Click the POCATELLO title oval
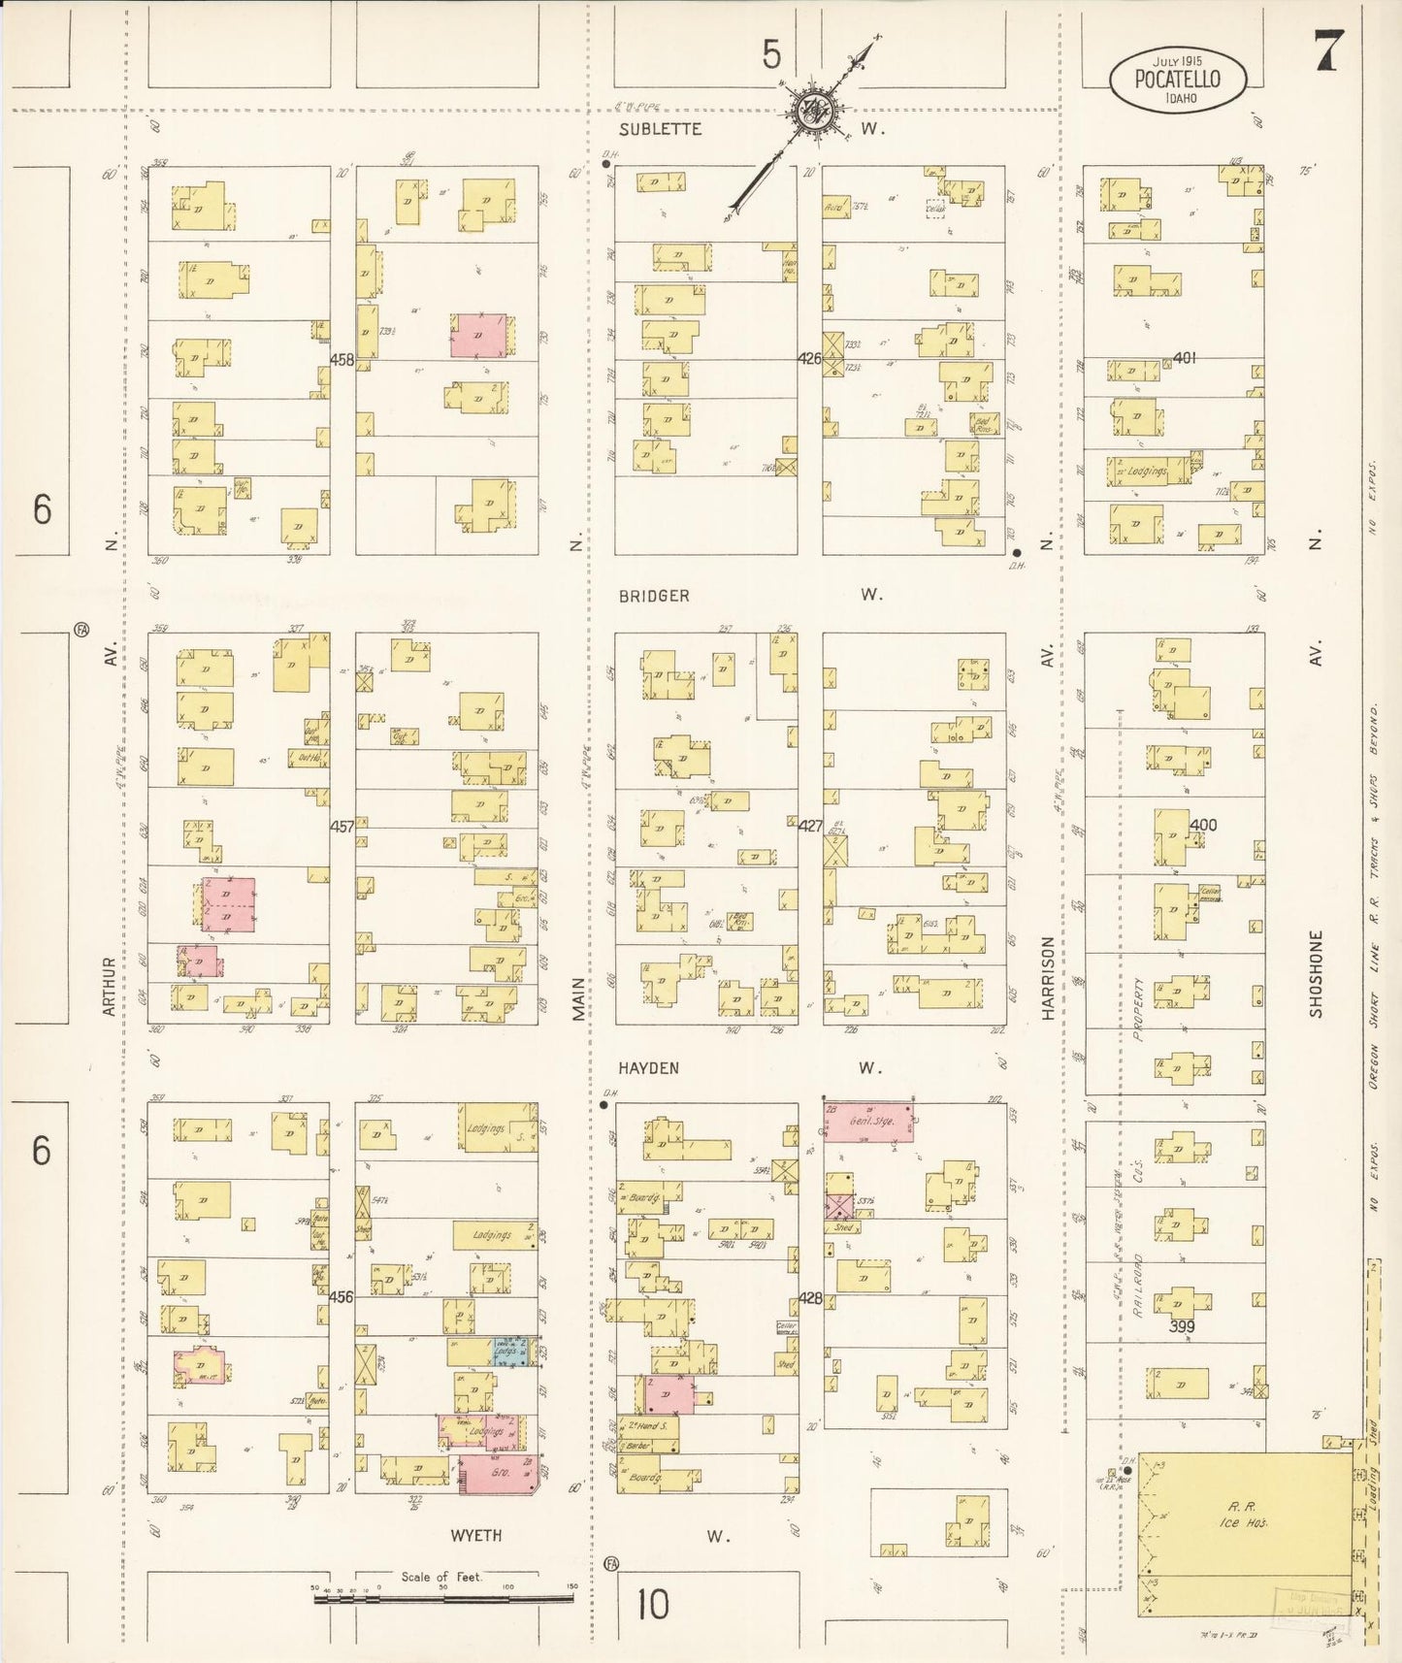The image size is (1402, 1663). click(x=1178, y=82)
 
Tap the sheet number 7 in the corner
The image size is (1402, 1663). click(x=1327, y=51)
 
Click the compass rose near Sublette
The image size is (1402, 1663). click(x=807, y=110)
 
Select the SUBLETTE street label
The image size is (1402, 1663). click(x=660, y=129)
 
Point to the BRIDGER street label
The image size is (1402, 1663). click(x=654, y=596)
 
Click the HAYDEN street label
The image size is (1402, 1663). click(x=648, y=1068)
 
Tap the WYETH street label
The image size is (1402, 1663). click(x=476, y=1535)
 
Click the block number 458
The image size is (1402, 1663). click(x=342, y=360)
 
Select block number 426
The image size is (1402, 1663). click(x=810, y=359)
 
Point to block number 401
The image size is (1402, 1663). click(x=1184, y=358)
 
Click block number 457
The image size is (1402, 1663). click(x=342, y=827)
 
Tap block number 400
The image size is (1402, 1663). click(x=1203, y=826)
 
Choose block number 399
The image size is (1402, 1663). click(x=1181, y=1326)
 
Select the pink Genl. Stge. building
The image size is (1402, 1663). click(x=869, y=1121)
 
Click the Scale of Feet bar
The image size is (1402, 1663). click(x=442, y=1597)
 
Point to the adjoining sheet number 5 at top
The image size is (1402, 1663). click(x=770, y=55)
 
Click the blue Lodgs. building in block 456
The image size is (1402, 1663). click(x=511, y=1352)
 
